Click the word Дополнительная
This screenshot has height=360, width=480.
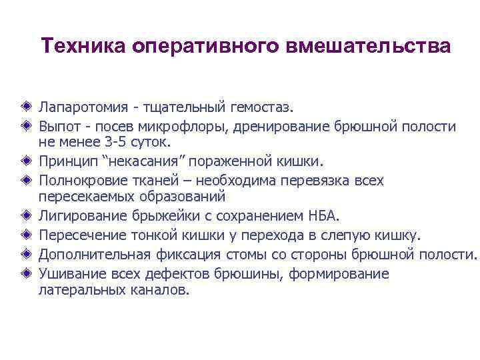click(x=90, y=254)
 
